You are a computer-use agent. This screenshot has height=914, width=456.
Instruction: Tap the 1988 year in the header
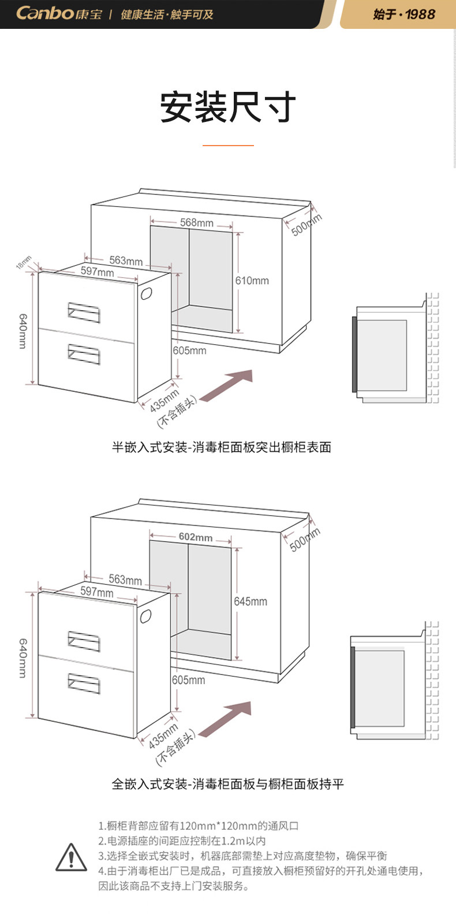(x=420, y=14)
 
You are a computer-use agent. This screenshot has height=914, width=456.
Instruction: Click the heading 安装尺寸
(x=228, y=107)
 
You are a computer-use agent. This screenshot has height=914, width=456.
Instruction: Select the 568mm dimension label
(x=196, y=222)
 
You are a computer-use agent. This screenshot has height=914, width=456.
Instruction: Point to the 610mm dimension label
(x=252, y=281)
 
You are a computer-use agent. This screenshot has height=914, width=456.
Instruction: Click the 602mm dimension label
(x=195, y=537)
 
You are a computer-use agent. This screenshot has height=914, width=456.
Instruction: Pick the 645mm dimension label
(x=251, y=601)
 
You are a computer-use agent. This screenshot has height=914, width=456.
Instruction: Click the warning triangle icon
(x=71, y=857)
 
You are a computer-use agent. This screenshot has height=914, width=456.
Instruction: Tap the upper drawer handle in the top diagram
(x=84, y=312)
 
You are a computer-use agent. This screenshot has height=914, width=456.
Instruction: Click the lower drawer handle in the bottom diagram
(x=84, y=683)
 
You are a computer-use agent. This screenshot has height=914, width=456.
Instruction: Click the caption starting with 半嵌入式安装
(x=221, y=447)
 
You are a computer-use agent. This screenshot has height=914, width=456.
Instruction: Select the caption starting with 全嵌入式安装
(x=227, y=784)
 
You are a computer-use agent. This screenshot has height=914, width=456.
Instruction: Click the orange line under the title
(x=228, y=145)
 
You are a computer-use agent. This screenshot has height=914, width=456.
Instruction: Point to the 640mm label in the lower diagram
(x=23, y=658)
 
